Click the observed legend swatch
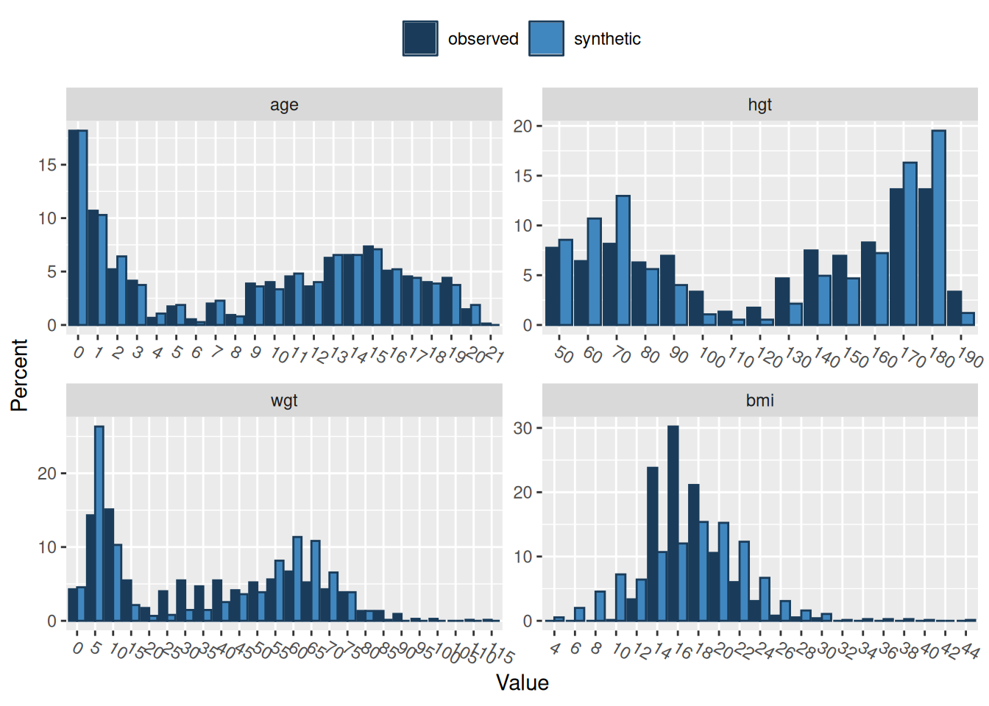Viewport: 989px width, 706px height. pos(420,38)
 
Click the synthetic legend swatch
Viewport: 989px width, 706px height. pos(546,38)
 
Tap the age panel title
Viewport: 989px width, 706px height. pos(284,104)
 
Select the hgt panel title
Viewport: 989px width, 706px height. pos(759,104)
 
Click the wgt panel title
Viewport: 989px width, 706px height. pos(284,400)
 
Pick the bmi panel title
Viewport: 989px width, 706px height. pos(759,400)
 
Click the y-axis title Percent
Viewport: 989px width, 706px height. pos(19,375)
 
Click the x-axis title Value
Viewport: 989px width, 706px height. pos(522,682)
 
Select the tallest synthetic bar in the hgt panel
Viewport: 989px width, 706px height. pos(938,228)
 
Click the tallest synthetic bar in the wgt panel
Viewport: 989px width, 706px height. pos(99,524)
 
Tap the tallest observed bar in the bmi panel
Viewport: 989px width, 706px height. pos(673,524)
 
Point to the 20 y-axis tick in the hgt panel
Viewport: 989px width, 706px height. pos(522,126)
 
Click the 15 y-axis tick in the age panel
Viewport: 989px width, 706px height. pos(47,165)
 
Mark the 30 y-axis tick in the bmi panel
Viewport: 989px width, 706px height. pos(522,428)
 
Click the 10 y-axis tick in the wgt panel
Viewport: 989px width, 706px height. pos(47,547)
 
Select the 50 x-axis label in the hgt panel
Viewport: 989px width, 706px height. pos(563,354)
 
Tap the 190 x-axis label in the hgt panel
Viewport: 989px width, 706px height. pos(970,358)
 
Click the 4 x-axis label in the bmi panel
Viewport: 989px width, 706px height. pos(555,649)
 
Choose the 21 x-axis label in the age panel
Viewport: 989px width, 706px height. pos(494,356)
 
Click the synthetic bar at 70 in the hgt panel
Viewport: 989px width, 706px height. pos(623,260)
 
